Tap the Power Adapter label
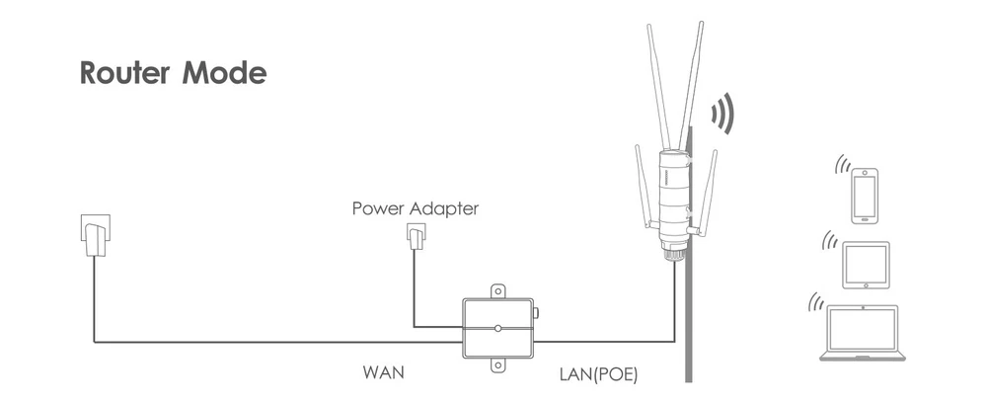tap(415, 209)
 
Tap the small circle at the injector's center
tap(497, 327)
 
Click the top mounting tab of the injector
tap(497, 292)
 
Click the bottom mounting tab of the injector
tap(497, 366)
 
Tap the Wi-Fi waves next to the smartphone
tap(842, 164)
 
